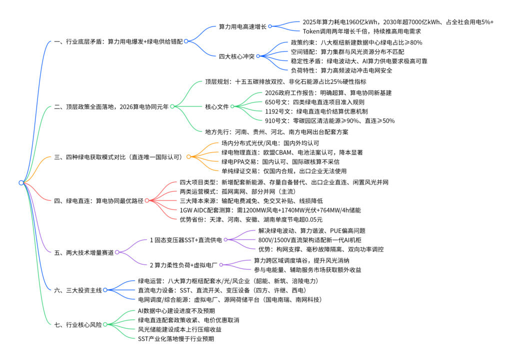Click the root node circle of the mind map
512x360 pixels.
pyautogui.click(x=21, y=182)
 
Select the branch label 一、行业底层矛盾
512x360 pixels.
pyautogui.click(x=118, y=41)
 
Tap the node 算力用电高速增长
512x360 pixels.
pyautogui.click(x=242, y=26)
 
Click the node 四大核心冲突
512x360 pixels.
pyautogui.click(x=236, y=56)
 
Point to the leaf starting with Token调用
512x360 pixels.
pyautogui.click(x=362, y=31)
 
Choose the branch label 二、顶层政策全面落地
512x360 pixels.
pyautogui.click(x=111, y=106)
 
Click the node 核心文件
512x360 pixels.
pyautogui.click(x=217, y=106)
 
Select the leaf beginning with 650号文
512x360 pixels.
pyautogui.click(x=314, y=102)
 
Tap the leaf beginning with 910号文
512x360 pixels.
pyautogui.click(x=329, y=120)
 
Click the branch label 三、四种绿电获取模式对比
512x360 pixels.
pyautogui.click(x=118, y=157)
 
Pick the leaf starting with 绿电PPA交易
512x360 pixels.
pyautogui.click(x=280, y=161)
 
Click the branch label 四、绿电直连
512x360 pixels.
pyautogui.click(x=98, y=200)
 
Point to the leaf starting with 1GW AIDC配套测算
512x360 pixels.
pyautogui.click(x=270, y=210)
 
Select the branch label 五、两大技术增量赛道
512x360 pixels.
pyautogui.click(x=84, y=252)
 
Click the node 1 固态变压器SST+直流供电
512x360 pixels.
pyautogui.click(x=186, y=240)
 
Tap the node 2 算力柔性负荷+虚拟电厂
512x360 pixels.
pyautogui.click(x=183, y=265)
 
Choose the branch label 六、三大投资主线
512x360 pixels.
pyautogui.click(x=78, y=290)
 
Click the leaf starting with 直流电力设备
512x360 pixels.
pyautogui.click(x=222, y=290)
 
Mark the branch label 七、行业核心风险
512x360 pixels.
pyautogui.click(x=78, y=324)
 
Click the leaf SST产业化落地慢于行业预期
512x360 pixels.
pyautogui.click(x=175, y=339)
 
